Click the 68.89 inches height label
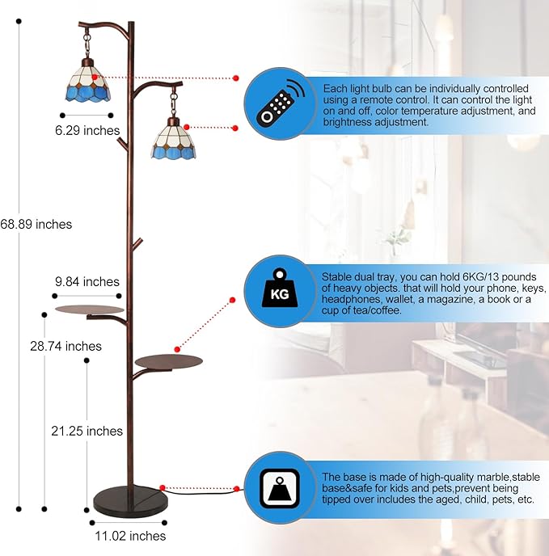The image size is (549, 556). (x=36, y=224)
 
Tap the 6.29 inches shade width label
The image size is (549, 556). (x=87, y=130)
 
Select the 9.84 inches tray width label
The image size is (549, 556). (x=87, y=281)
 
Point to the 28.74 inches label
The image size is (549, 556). (x=65, y=346)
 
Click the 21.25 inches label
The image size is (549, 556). (x=87, y=431)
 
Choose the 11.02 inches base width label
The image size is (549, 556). (x=130, y=536)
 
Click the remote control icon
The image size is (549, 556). (x=281, y=103)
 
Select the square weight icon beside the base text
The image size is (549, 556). (x=280, y=489)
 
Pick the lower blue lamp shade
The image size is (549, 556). (x=174, y=140)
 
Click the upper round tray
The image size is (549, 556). (x=90, y=310)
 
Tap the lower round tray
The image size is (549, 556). (x=169, y=362)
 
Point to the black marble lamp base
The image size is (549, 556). (x=130, y=501)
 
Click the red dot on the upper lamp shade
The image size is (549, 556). (x=95, y=77)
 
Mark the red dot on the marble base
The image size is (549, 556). (x=163, y=488)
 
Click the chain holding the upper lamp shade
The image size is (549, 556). (x=87, y=44)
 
